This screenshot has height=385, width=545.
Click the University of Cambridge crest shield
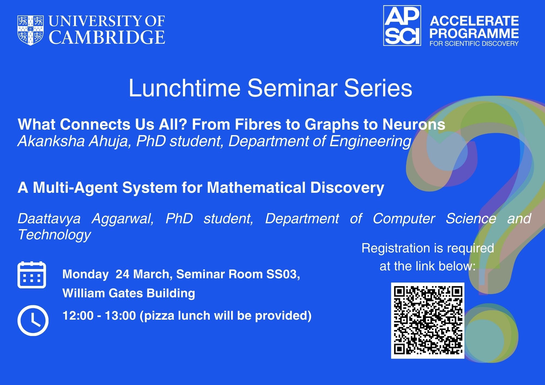click(x=31, y=30)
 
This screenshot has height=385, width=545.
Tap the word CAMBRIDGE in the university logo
click(x=107, y=37)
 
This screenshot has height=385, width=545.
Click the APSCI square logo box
click(x=402, y=26)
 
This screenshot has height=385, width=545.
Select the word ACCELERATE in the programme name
click(x=474, y=21)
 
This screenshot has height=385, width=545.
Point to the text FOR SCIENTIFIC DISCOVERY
click(x=474, y=43)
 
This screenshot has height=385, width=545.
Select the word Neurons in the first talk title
click(x=414, y=124)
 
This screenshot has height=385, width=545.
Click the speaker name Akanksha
click(x=51, y=141)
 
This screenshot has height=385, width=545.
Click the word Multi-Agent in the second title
click(x=75, y=188)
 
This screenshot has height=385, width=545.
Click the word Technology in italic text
click(x=54, y=235)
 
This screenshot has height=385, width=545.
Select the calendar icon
click(x=32, y=274)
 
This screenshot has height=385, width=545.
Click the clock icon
click(x=33, y=320)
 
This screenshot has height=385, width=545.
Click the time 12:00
click(x=78, y=316)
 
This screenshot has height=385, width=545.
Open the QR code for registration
click(x=428, y=320)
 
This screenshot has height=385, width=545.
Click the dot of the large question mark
click(x=491, y=334)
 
